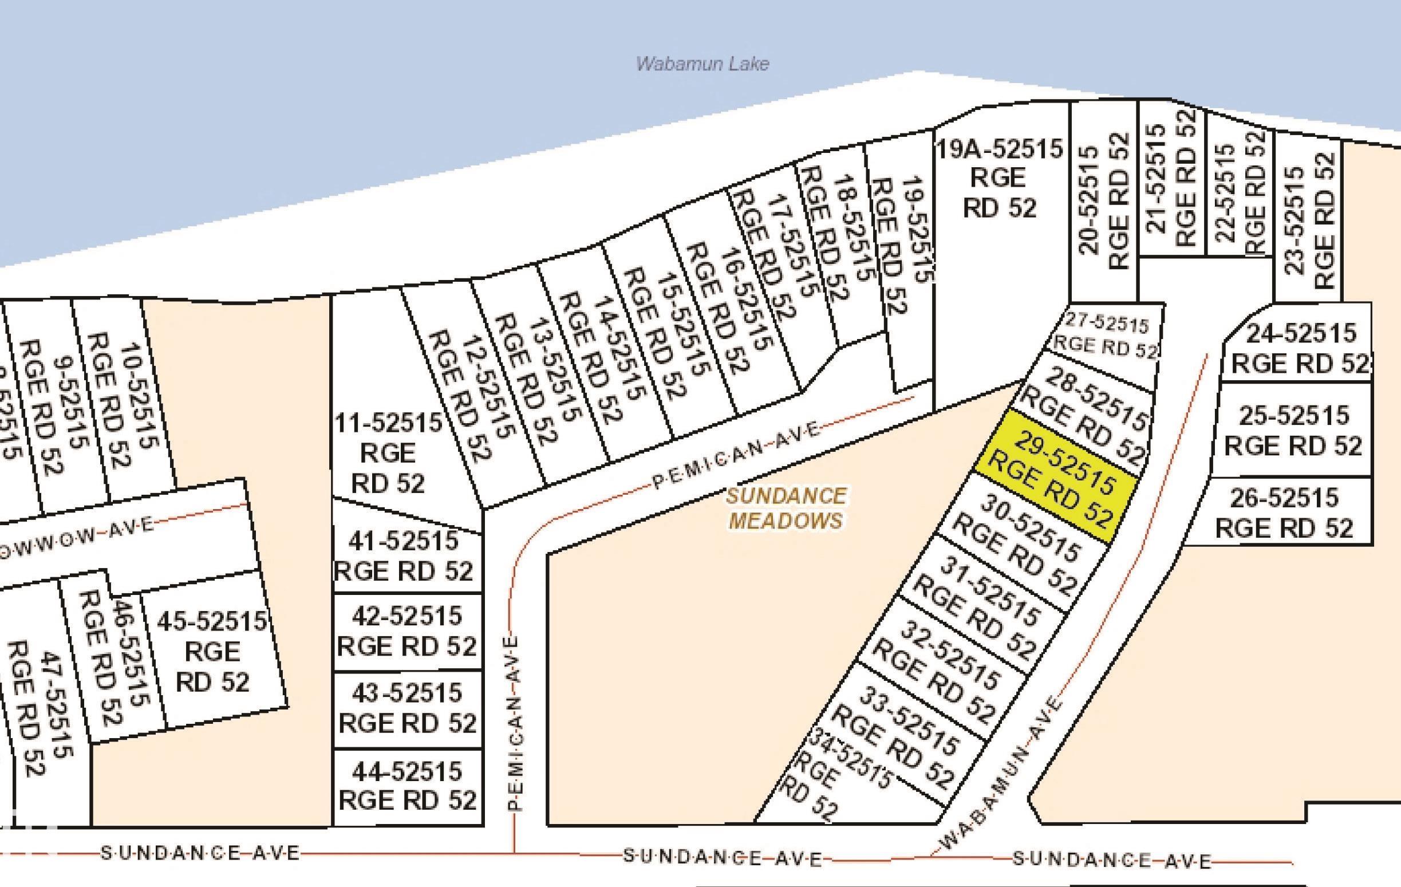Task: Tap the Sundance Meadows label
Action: point(786,508)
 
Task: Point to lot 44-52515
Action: point(407,786)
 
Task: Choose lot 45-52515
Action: point(212,651)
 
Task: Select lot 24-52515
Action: point(1300,349)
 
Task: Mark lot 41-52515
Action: point(404,557)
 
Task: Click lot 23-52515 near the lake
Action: point(1308,222)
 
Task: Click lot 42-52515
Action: point(407,631)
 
